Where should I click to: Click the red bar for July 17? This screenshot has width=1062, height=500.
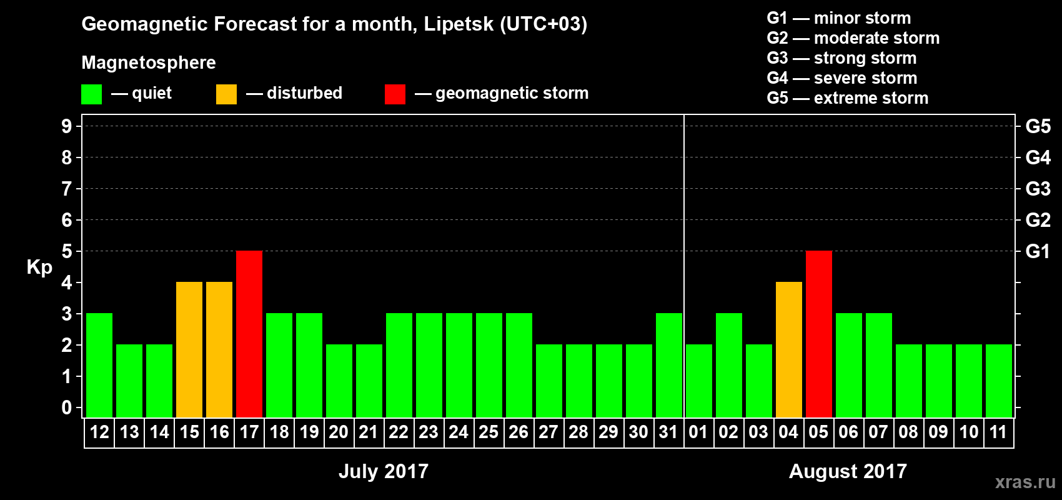[249, 334]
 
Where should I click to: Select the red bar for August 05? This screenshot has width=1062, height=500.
[818, 334]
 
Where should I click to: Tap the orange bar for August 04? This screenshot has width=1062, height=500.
[788, 349]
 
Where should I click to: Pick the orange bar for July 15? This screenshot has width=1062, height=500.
[189, 349]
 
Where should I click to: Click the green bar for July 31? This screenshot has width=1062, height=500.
[668, 365]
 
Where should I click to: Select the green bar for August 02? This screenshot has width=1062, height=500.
[728, 365]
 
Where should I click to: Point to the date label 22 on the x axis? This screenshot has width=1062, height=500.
[399, 432]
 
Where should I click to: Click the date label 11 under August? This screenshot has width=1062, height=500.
[998, 432]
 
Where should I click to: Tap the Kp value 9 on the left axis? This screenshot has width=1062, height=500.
[67, 126]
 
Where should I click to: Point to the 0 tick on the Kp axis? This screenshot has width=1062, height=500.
[67, 407]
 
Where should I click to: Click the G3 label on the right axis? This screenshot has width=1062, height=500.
[1038, 189]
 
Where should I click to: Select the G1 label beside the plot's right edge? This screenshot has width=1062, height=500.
[1038, 251]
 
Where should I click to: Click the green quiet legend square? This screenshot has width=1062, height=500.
[91, 94]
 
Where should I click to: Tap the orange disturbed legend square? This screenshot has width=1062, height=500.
[226, 94]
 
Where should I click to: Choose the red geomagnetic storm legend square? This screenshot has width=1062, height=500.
[395, 94]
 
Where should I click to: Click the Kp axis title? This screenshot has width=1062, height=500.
[39, 267]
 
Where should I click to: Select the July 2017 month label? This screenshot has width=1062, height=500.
[384, 471]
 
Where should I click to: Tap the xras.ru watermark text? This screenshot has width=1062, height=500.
[1025, 481]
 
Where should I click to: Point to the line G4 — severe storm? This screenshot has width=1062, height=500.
[841, 78]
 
